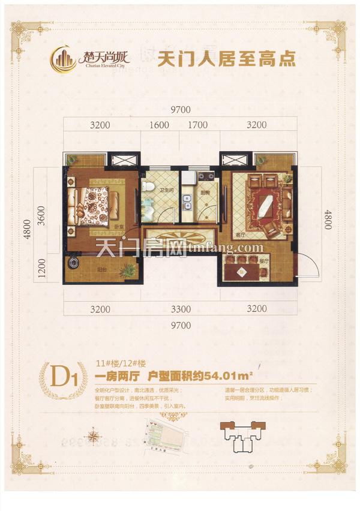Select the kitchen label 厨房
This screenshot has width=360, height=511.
coord(204,193)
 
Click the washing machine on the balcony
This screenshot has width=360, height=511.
coord(74,263)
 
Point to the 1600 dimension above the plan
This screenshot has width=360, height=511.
coord(159,125)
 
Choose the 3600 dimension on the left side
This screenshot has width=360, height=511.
coord(40,214)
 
